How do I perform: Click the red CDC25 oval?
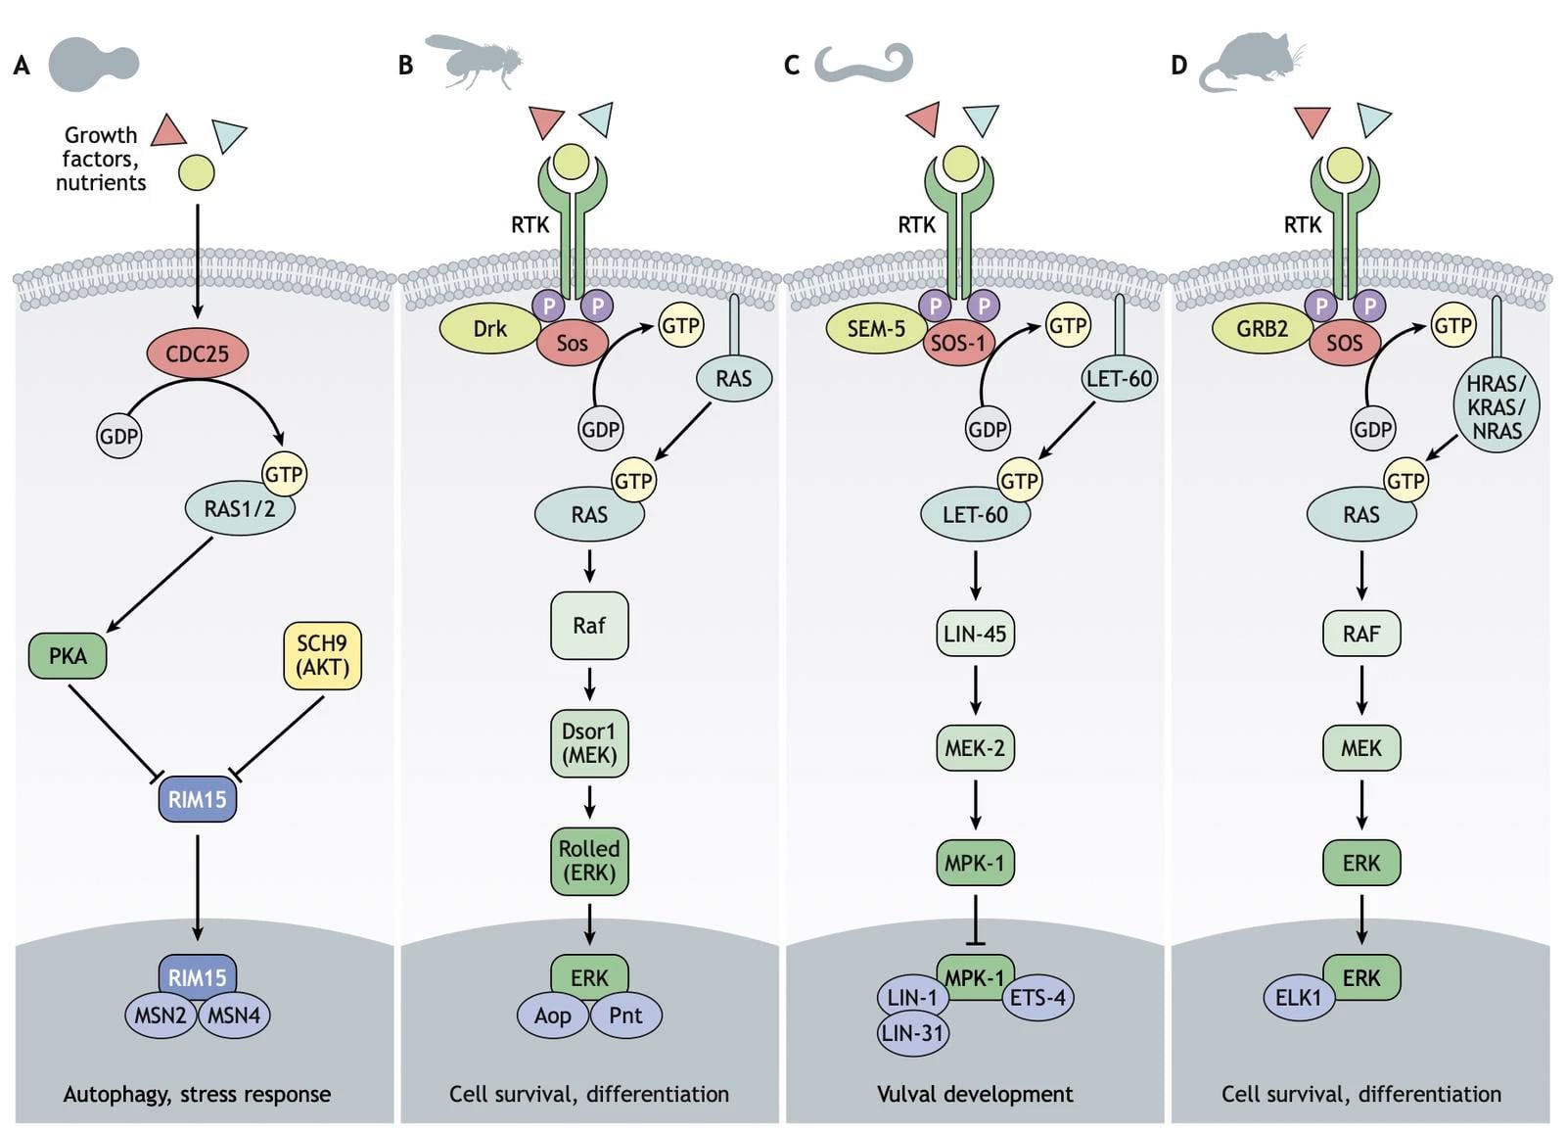coord(197,354)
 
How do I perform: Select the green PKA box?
coord(68,655)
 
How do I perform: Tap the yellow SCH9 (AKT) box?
coord(322,655)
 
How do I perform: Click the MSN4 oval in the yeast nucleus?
coord(235,1016)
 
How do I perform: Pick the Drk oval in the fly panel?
coord(489,328)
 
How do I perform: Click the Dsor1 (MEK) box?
coord(589,743)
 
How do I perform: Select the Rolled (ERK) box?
coord(589,861)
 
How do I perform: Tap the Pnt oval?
coord(626,1016)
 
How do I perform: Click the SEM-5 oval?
coord(875,328)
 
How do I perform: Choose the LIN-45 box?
coord(975,634)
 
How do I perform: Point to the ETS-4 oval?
coord(1038,998)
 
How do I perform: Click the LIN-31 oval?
coord(912,1034)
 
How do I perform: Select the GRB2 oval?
coord(1261,328)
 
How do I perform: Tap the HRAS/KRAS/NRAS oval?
coord(1496,407)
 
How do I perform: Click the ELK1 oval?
coord(1298,998)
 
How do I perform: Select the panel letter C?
coord(792,66)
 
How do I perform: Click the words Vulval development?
coord(975,1094)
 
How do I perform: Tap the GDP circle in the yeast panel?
coord(119,436)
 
